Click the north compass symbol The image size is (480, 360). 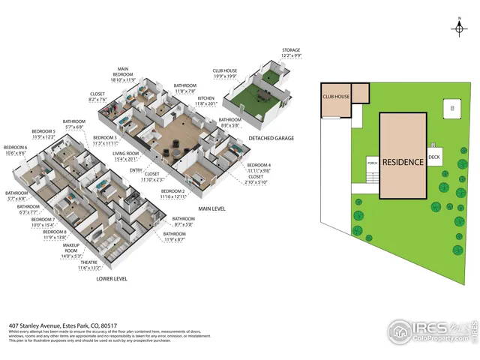click(458, 28)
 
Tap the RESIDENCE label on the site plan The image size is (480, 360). click(403, 162)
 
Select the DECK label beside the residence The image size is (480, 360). click(434, 157)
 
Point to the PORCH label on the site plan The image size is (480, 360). click(372, 162)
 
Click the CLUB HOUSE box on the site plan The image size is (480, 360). click(337, 97)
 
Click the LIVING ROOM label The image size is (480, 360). click(125, 156)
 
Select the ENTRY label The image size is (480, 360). click(136, 171)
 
